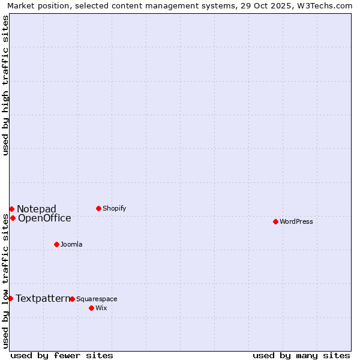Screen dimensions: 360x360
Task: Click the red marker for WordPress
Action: [275, 221]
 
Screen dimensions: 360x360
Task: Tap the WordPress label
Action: [296, 221]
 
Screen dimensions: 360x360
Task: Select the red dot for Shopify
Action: [98, 208]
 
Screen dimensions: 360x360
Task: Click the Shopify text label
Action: [114, 208]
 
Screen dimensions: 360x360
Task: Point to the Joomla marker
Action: [56, 244]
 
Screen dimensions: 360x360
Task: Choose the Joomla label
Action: [71, 244]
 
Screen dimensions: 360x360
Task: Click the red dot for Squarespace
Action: [72, 299]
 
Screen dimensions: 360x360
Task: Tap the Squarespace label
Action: [97, 299]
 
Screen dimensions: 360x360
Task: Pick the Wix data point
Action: [91, 308]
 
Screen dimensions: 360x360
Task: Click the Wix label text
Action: [101, 308]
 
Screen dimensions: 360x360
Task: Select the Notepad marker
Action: [11, 209]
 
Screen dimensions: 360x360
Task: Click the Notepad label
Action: [36, 209]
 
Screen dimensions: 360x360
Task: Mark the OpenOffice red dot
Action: [13, 218]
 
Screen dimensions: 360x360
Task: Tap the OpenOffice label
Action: [44, 218]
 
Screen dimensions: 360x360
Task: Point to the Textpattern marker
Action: [10, 298]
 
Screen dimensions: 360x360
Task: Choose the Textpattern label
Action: [43, 298]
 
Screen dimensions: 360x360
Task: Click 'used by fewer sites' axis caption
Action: [62, 355]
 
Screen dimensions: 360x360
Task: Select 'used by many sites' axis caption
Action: [301, 355]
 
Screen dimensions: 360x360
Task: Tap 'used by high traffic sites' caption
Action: [6, 85]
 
